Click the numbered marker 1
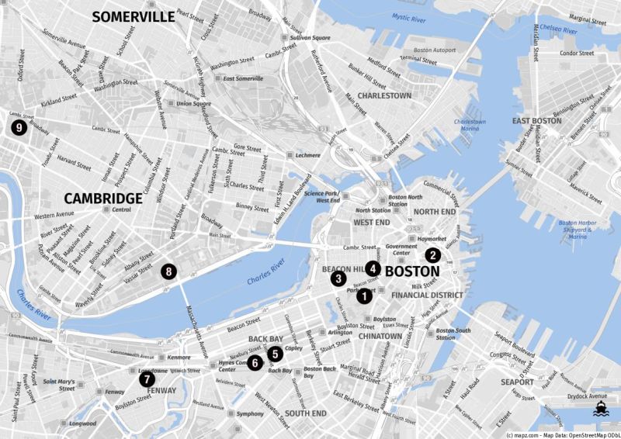click(365, 296)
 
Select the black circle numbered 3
click(338, 278)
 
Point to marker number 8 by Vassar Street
click(168, 271)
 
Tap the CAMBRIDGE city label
click(103, 198)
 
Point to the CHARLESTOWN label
click(385, 95)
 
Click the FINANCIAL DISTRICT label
click(427, 296)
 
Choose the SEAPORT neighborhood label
click(517, 382)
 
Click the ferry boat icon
click(600, 409)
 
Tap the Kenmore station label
click(178, 358)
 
